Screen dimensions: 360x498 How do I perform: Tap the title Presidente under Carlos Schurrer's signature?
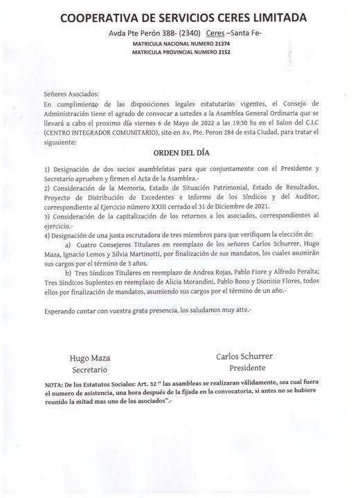[x=246, y=368]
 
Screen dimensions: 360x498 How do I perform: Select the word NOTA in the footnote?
[x=53, y=384]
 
